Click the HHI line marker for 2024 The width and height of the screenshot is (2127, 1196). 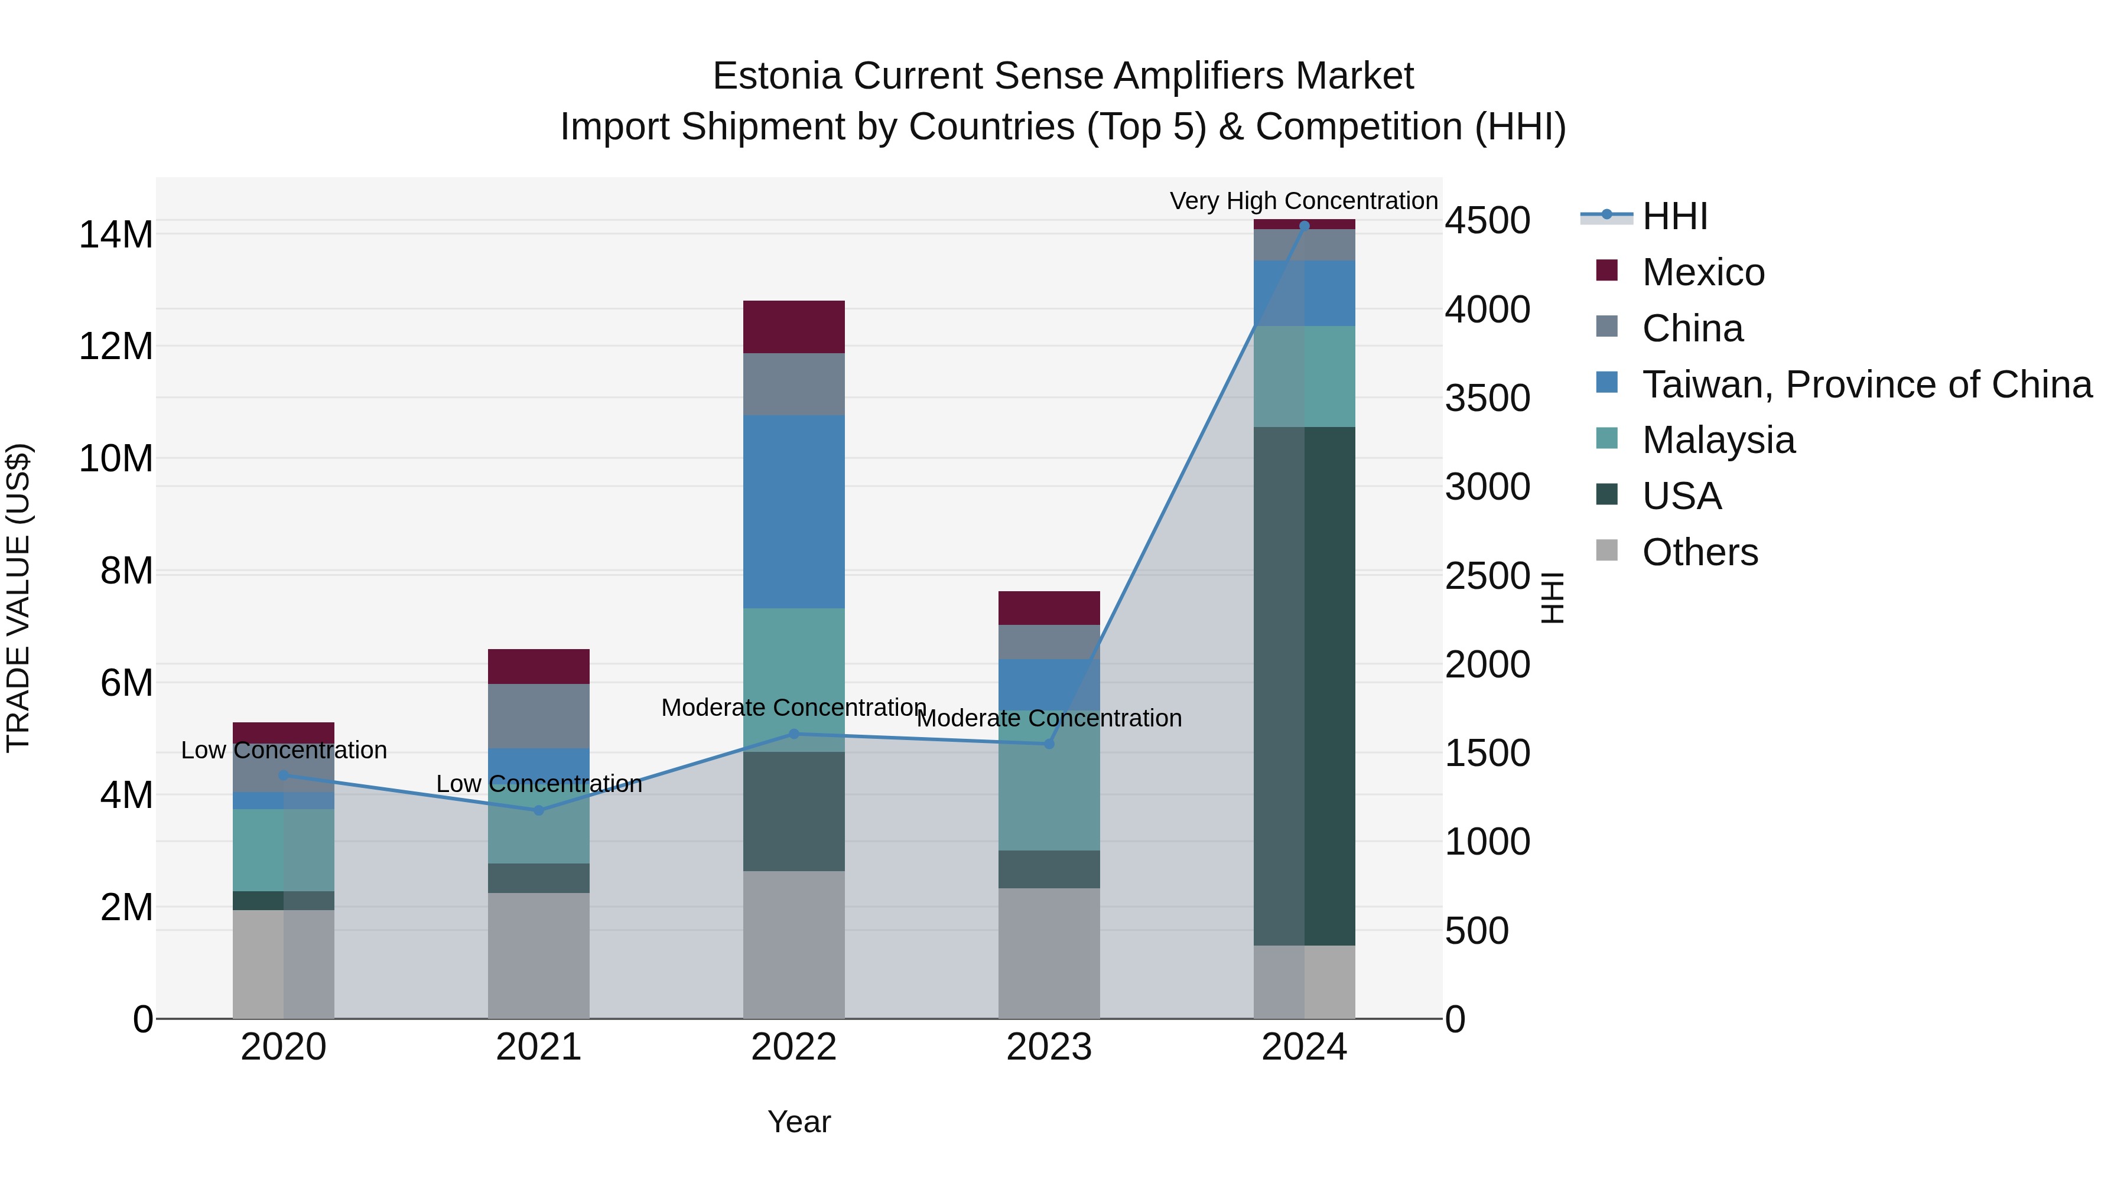pyautogui.click(x=1304, y=226)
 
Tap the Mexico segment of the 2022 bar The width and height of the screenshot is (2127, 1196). pyautogui.click(x=793, y=327)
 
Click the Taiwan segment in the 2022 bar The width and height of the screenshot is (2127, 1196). pyautogui.click(x=793, y=511)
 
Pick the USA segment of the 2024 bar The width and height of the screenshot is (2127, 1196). pyautogui.click(x=1304, y=685)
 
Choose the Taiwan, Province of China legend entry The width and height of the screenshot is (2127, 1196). pyautogui.click(x=1866, y=384)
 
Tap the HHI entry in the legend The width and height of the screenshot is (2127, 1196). pyautogui.click(x=1674, y=216)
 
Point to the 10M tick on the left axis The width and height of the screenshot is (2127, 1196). pyautogui.click(x=116, y=458)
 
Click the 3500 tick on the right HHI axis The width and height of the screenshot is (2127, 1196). pyautogui.click(x=1487, y=399)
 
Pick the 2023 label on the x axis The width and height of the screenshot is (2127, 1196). pyautogui.click(x=1049, y=1047)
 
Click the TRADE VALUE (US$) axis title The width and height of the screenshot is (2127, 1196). pyautogui.click(x=19, y=598)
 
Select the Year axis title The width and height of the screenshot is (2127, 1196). pyautogui.click(x=798, y=1122)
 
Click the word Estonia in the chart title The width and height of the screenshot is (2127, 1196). pyautogui.click(x=776, y=76)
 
